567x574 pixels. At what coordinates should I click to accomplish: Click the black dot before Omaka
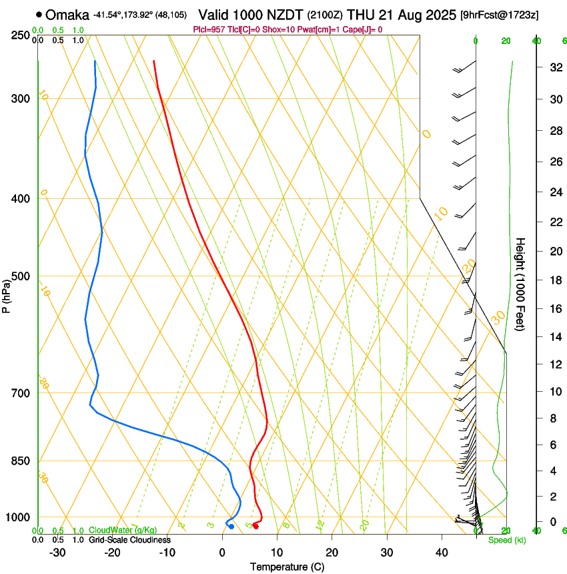tap(39, 14)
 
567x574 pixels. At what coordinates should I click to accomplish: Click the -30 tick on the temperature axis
tap(57, 552)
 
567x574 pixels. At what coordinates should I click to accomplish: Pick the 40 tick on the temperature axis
tap(441, 552)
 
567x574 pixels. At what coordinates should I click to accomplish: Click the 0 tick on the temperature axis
tap(222, 552)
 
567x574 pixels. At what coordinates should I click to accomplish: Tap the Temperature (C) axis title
tap(287, 567)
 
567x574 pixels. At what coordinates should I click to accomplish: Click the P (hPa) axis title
tap(7, 294)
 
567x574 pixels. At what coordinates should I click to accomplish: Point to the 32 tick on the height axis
tap(554, 67)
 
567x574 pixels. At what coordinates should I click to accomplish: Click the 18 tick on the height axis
tap(554, 280)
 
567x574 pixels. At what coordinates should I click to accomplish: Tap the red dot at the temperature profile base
tap(255, 527)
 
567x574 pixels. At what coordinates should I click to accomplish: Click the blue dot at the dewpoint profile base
tap(231, 527)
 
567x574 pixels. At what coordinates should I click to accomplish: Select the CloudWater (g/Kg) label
tap(122, 531)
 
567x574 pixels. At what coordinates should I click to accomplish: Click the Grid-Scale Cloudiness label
tap(129, 539)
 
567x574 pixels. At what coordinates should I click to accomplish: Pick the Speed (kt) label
tap(506, 540)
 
